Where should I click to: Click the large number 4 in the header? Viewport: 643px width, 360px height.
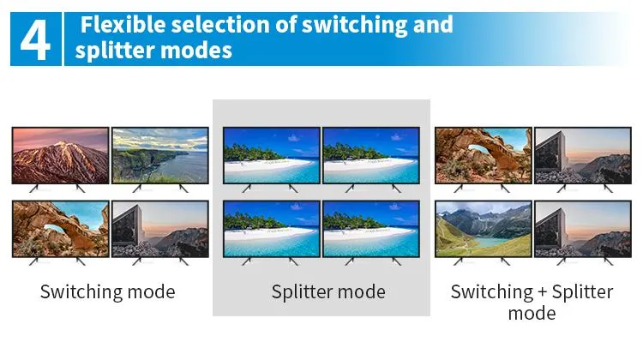(34, 39)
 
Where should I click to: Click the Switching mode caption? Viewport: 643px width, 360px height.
(107, 291)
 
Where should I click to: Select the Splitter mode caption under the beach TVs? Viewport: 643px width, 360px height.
(328, 291)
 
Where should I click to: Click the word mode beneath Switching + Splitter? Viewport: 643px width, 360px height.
(532, 313)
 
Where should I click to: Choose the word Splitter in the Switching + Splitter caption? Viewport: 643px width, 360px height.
(580, 291)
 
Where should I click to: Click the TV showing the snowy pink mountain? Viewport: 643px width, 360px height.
(60, 155)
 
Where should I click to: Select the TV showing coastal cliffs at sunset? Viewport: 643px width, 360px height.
(160, 155)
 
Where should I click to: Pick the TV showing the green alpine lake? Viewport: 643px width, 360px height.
(483, 229)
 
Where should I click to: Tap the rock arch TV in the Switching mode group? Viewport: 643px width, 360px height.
(60, 229)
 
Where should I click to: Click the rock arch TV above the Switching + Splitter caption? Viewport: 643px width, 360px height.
(483, 155)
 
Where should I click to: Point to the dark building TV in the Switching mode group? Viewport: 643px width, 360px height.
(160, 229)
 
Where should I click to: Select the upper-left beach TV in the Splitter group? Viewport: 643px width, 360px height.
(271, 155)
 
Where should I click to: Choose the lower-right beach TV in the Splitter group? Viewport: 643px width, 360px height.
(371, 229)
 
